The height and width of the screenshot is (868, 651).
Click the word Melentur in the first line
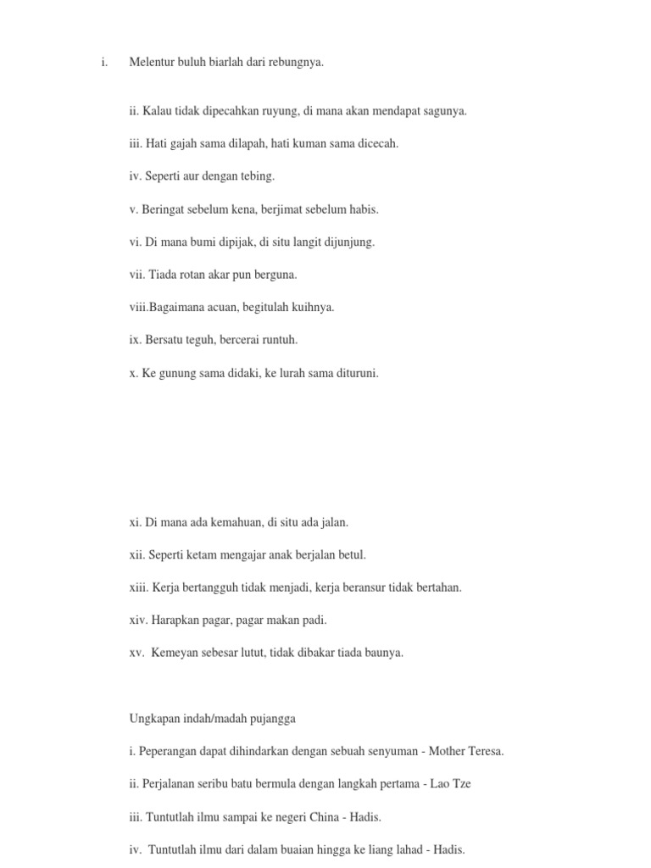pos(151,62)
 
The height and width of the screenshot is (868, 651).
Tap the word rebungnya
pos(295,62)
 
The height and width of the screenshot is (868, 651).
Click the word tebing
pos(259,176)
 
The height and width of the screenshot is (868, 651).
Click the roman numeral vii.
pos(137,274)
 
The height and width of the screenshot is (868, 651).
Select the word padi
pos(314,620)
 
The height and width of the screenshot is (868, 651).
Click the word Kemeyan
pos(177,653)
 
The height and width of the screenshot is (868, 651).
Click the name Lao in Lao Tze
pos(438,783)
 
